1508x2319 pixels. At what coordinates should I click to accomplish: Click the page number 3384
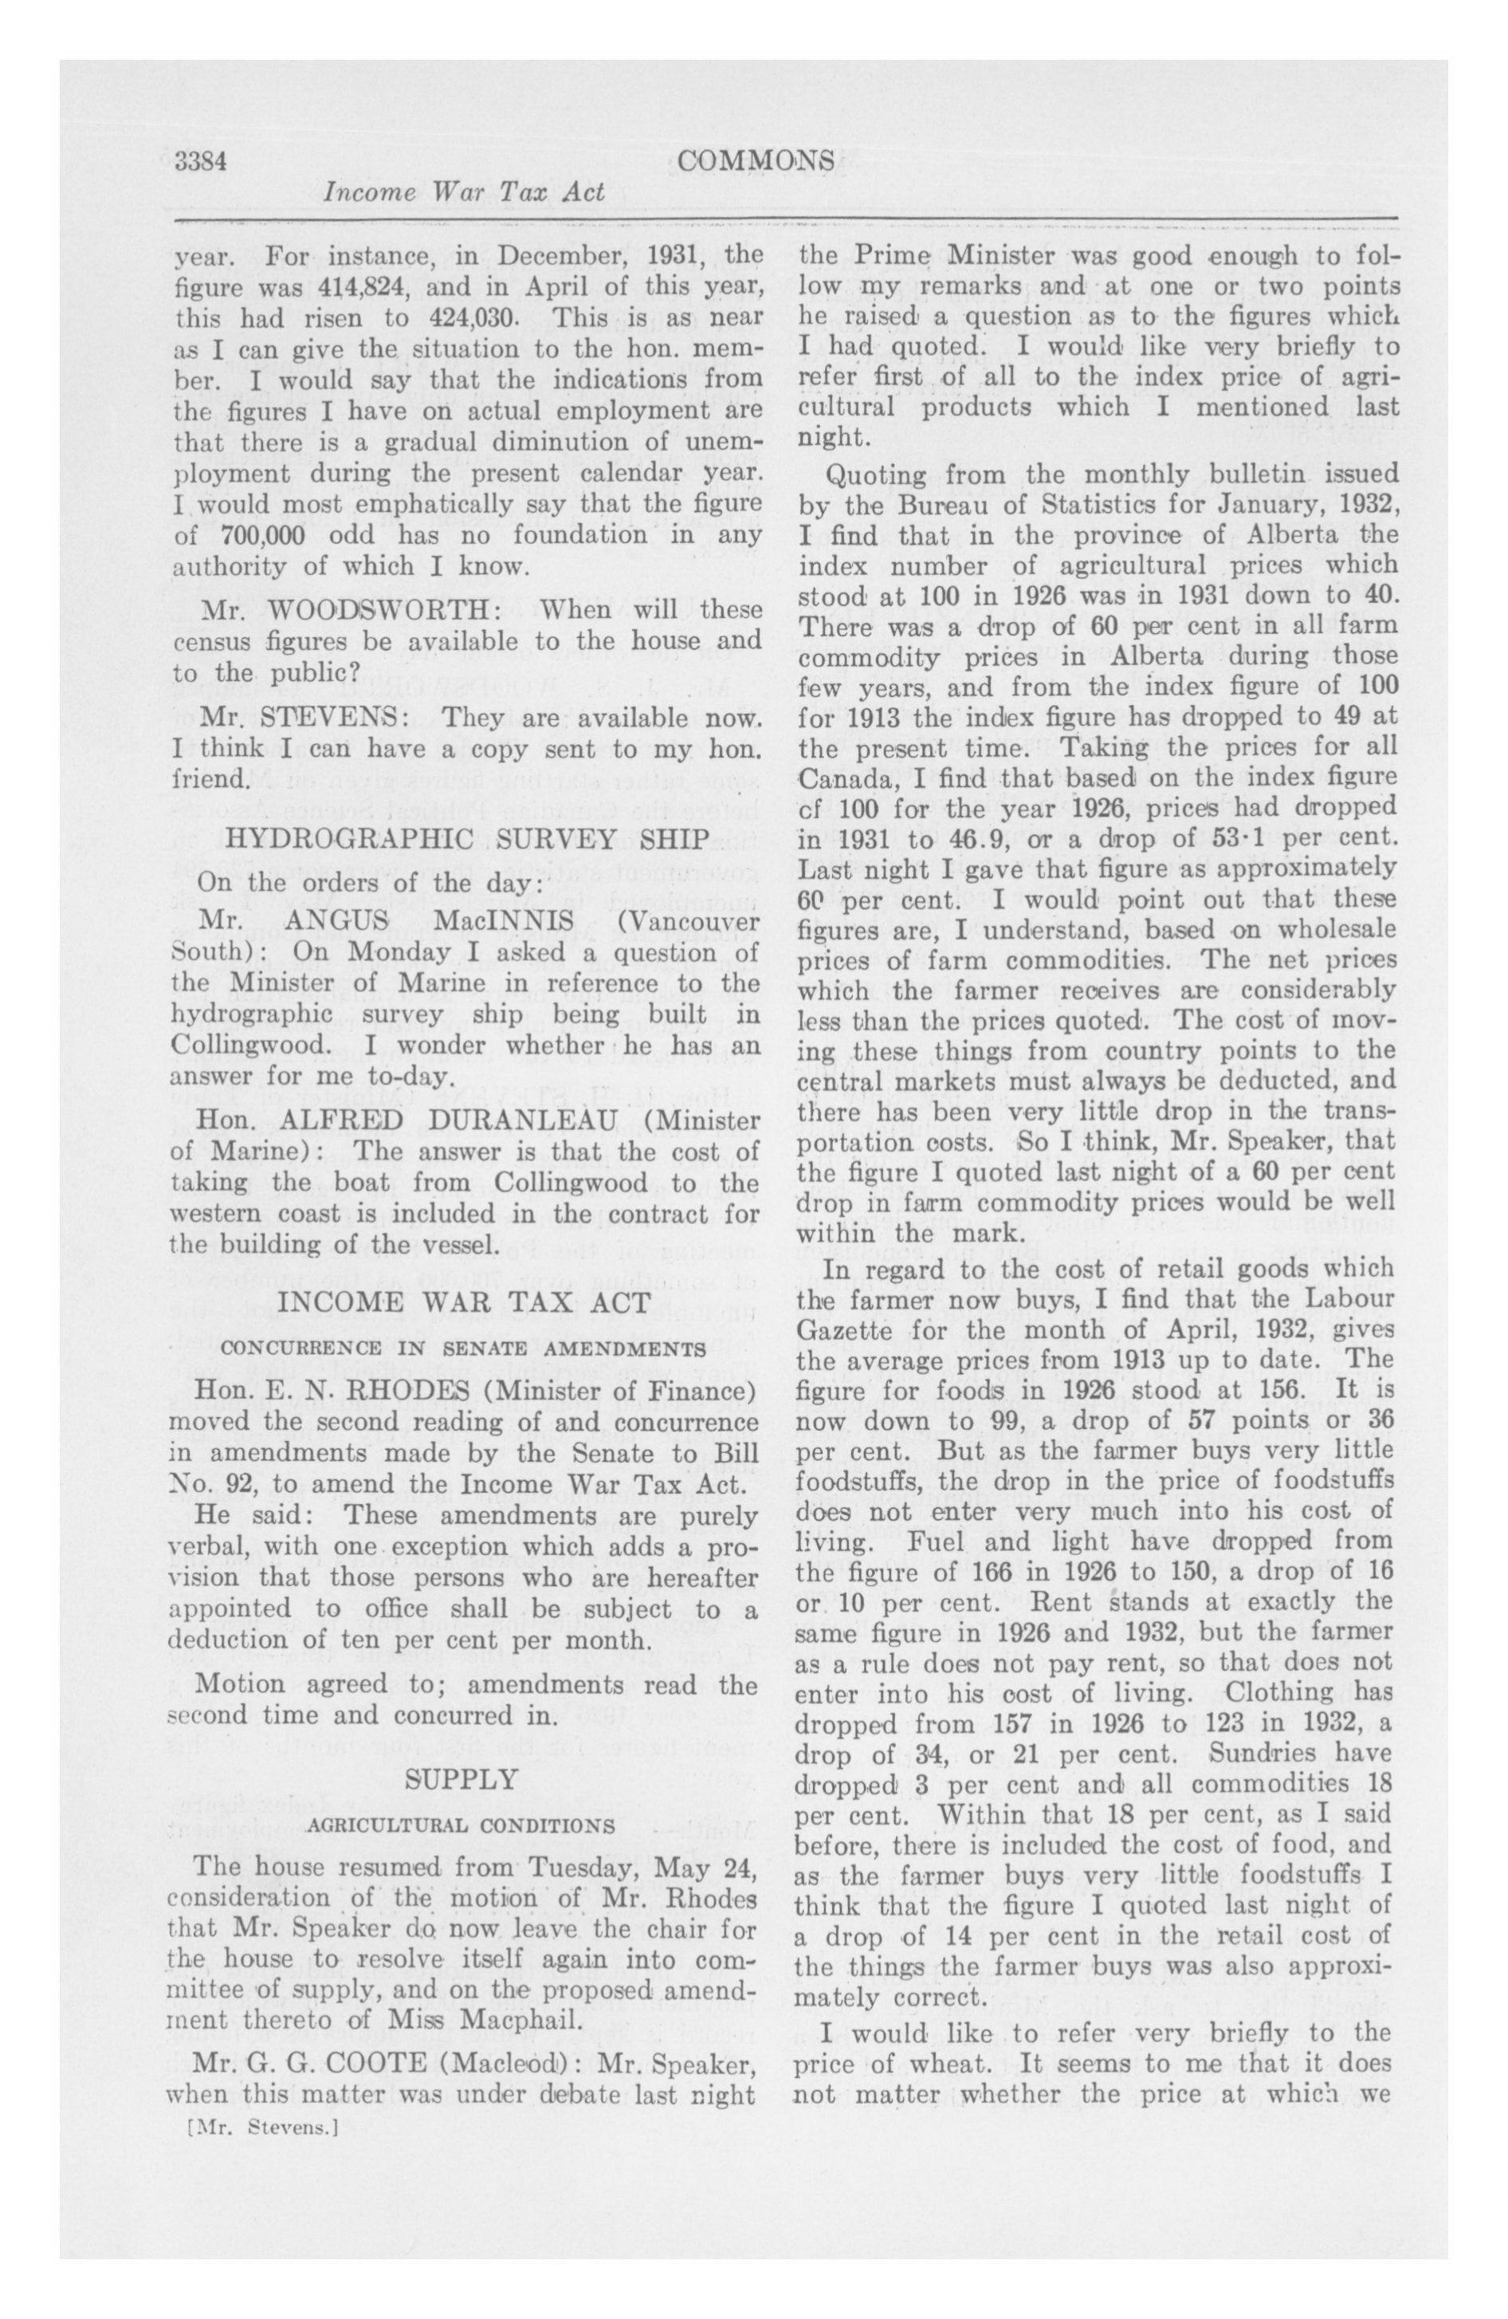click(202, 161)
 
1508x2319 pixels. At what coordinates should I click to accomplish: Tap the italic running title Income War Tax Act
click(464, 192)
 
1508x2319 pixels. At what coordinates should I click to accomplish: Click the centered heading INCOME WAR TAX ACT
click(465, 1303)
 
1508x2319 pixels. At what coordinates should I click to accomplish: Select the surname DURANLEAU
click(501, 1120)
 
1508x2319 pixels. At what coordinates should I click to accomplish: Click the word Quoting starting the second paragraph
click(873, 476)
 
